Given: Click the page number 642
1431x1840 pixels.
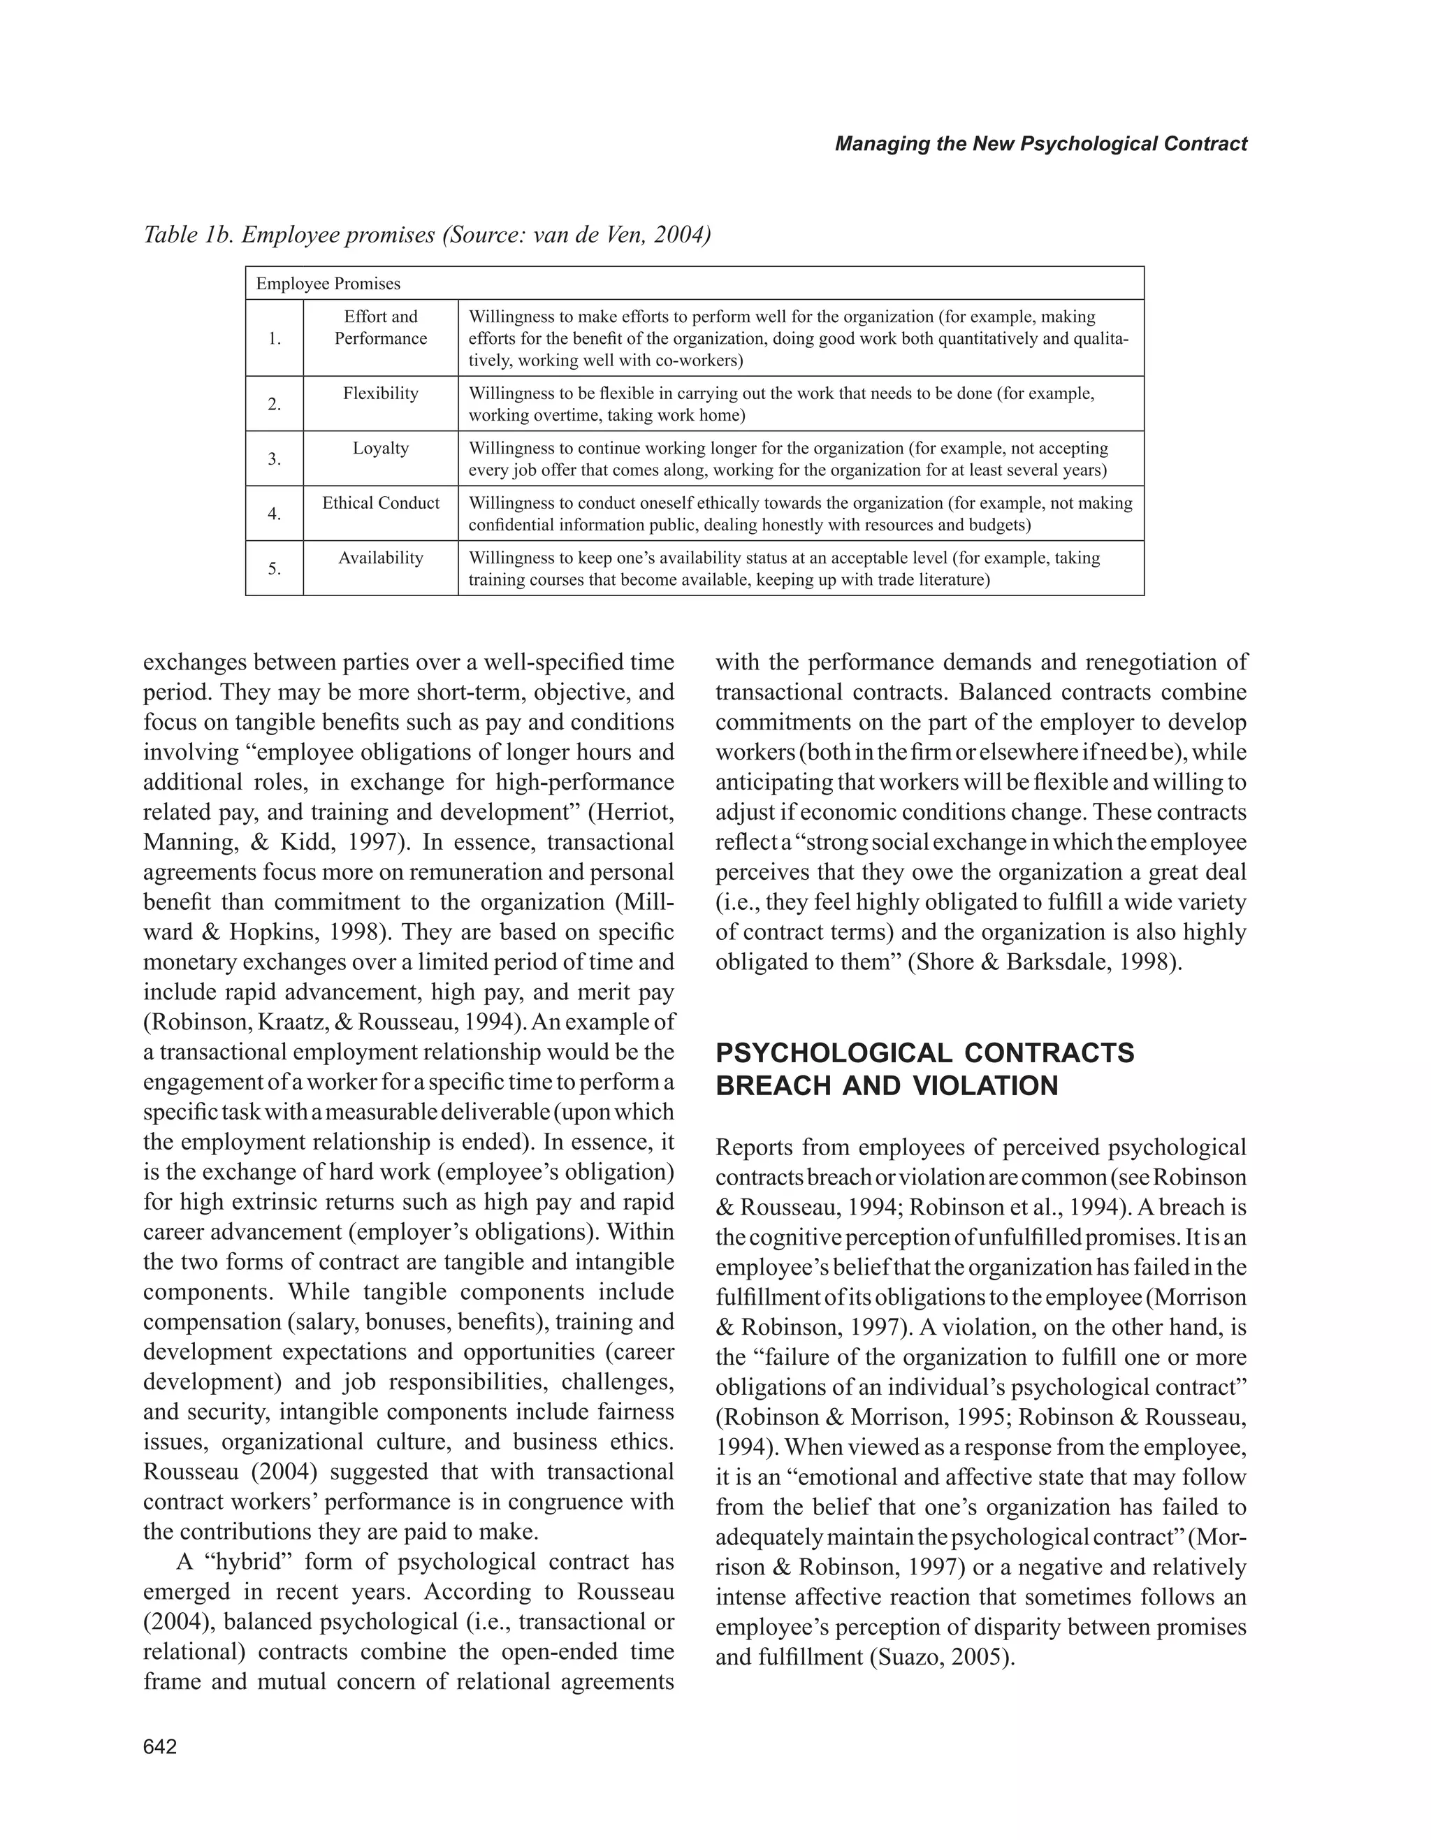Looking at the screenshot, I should click(160, 1747).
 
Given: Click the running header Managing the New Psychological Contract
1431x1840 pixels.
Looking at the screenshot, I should click(1040, 144).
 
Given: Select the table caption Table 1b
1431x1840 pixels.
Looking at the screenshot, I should click(427, 235).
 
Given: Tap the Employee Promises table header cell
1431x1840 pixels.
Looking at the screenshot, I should click(328, 284).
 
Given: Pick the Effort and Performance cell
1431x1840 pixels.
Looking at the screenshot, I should click(381, 328).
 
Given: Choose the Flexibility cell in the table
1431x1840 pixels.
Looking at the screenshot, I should click(381, 393).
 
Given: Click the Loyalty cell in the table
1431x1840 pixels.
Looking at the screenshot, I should click(381, 448).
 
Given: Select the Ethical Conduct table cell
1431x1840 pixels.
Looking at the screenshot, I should click(381, 503).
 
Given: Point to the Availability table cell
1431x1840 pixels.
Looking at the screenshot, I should click(381, 558).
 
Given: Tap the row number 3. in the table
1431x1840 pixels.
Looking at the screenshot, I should click(275, 459).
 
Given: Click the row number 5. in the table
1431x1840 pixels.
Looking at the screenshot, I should click(275, 569).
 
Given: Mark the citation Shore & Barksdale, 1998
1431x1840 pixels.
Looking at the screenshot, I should click(1045, 962).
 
